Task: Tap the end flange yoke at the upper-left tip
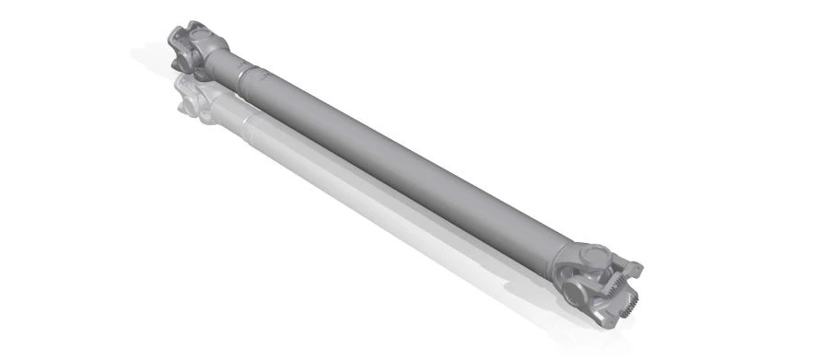tap(178, 39)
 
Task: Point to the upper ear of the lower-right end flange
tap(636, 268)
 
